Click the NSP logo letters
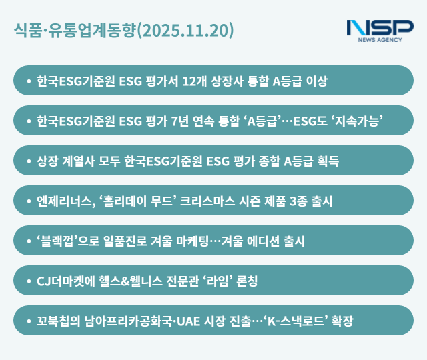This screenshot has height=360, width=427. tap(380, 28)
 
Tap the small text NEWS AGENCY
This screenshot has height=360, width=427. tap(380, 41)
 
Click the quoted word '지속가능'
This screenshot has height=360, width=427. tap(364, 121)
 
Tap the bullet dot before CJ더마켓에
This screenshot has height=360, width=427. tap(28, 281)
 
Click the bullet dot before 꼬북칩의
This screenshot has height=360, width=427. tap(28, 321)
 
